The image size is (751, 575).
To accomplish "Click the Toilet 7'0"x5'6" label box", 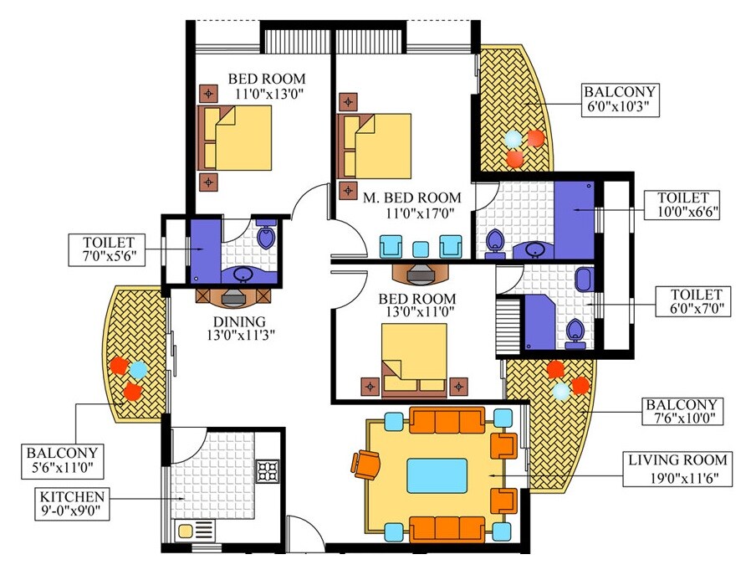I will click(109, 249).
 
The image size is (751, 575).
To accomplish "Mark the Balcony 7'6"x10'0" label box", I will click(683, 410).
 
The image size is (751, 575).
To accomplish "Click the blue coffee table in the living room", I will click(437, 475).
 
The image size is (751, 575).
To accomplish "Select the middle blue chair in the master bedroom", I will click(421, 248).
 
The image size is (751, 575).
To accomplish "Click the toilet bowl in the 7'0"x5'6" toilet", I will click(267, 239).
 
